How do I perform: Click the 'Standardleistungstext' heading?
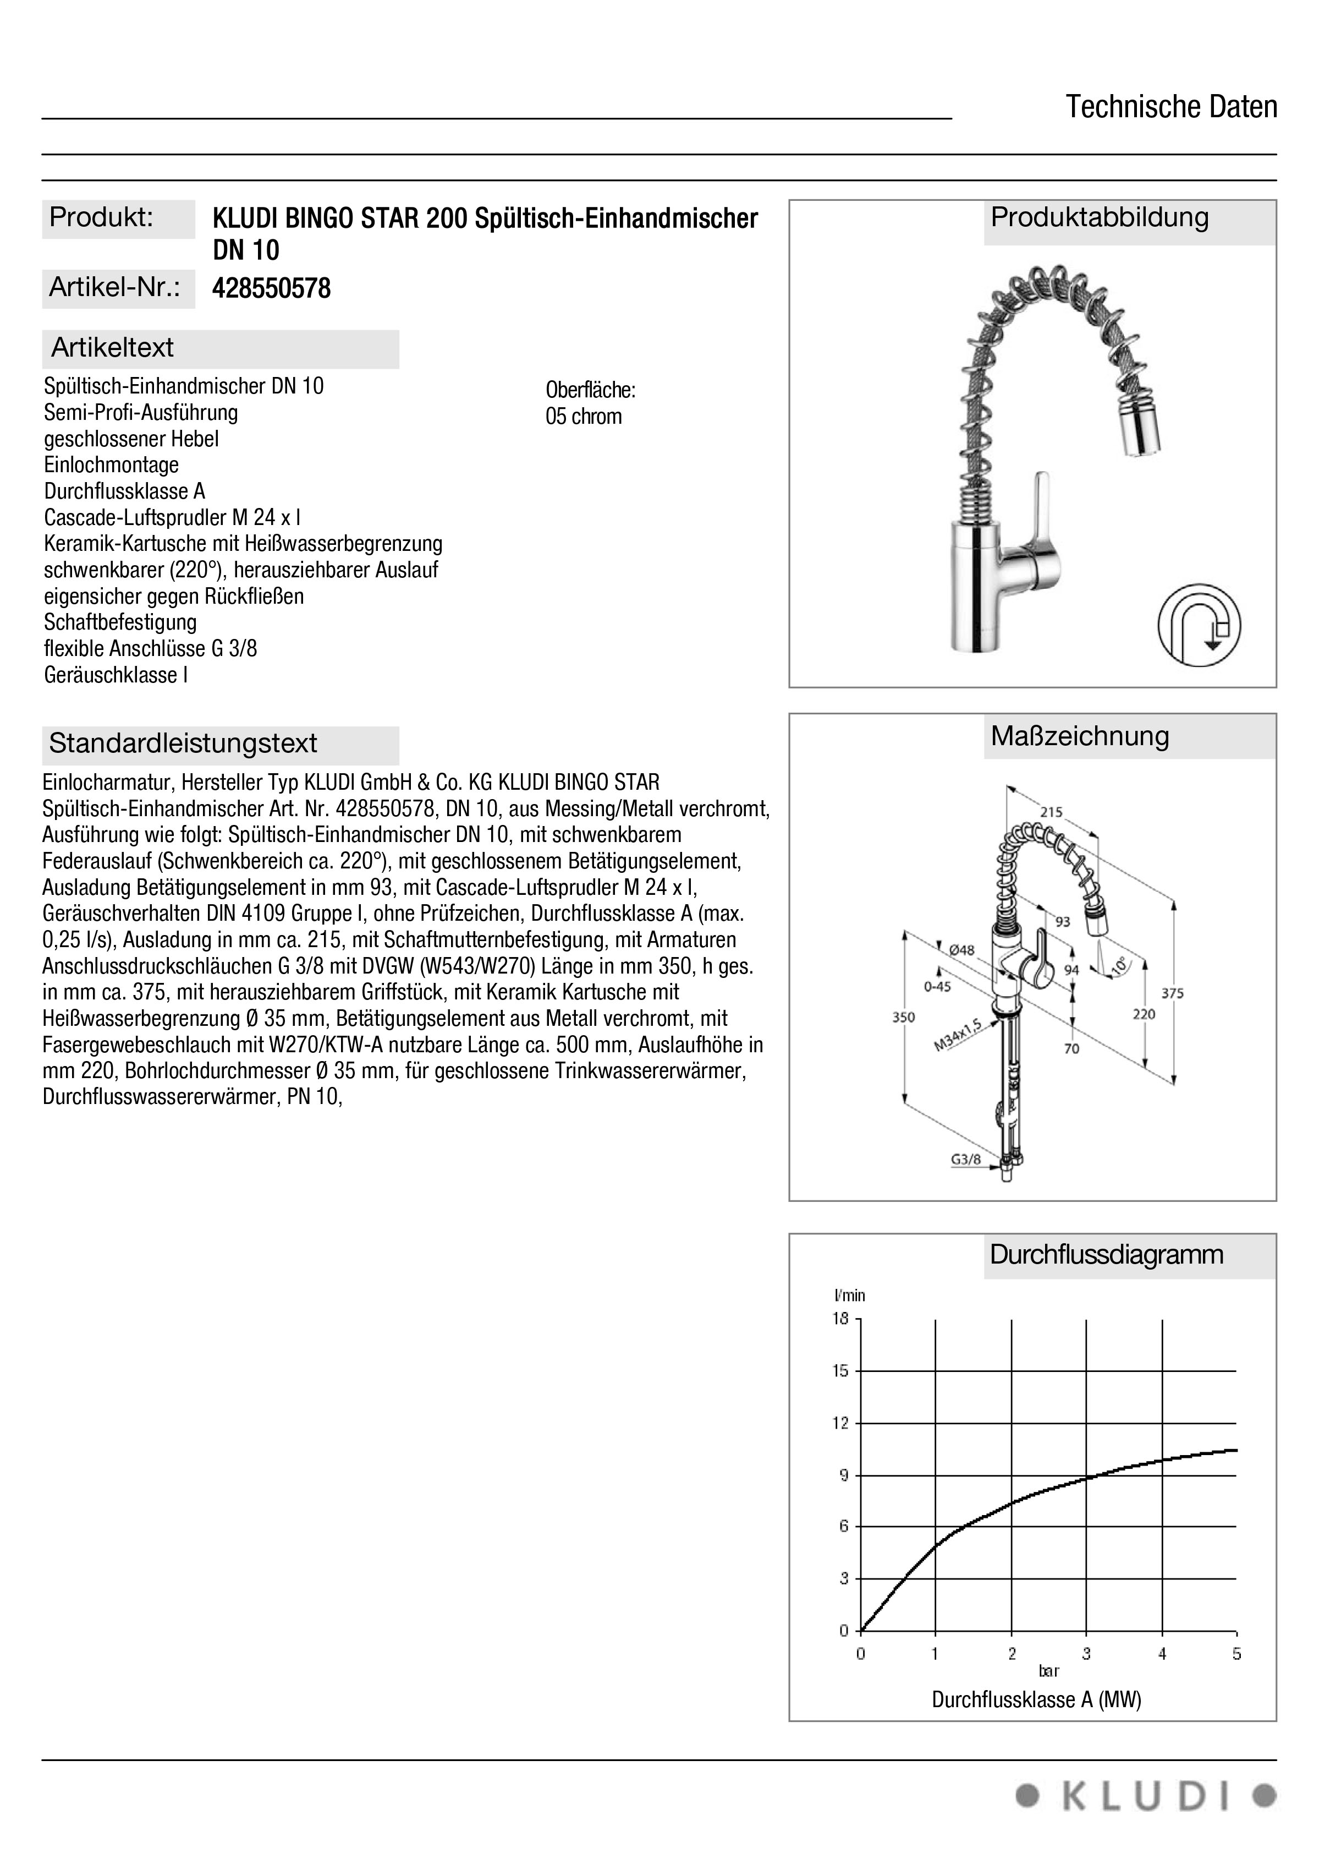183,744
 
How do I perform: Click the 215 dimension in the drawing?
1051,812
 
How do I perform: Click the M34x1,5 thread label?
957,1035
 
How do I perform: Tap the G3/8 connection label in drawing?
965,1160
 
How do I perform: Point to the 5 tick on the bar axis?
1236,1654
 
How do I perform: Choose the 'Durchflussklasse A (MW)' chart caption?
1036,1699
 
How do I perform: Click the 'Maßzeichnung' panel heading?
1079,736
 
